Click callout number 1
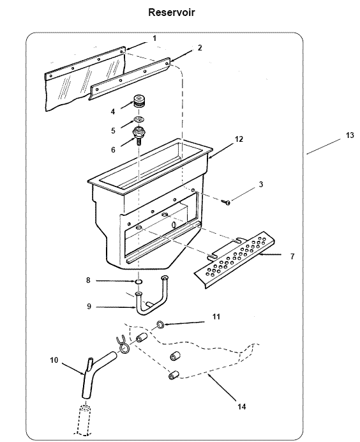click(154, 40)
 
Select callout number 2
click(200, 48)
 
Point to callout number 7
click(292, 256)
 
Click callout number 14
click(241, 406)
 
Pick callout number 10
click(54, 360)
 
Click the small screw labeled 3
click(227, 202)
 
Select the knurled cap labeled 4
click(139, 102)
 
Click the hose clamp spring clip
click(123, 344)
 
